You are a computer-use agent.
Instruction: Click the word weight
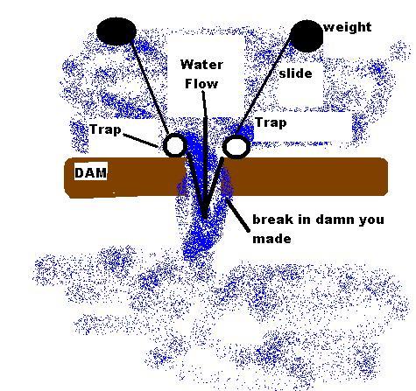(x=348, y=27)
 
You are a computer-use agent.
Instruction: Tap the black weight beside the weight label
(x=307, y=36)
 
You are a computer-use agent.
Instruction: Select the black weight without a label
(x=116, y=31)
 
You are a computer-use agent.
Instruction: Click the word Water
(x=201, y=65)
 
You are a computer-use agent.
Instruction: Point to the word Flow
(x=201, y=84)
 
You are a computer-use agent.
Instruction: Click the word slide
(x=295, y=73)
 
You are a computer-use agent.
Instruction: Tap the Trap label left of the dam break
(x=105, y=129)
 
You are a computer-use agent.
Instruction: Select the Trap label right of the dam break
(x=271, y=122)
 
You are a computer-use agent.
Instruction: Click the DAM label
(x=91, y=173)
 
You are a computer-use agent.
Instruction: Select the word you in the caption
(x=371, y=220)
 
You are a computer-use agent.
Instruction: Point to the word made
(x=271, y=239)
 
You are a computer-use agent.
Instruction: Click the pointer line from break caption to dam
(x=238, y=215)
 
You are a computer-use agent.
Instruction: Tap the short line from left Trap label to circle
(x=141, y=140)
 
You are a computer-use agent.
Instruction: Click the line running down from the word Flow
(x=204, y=154)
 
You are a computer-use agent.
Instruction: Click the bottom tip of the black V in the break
(x=205, y=218)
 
